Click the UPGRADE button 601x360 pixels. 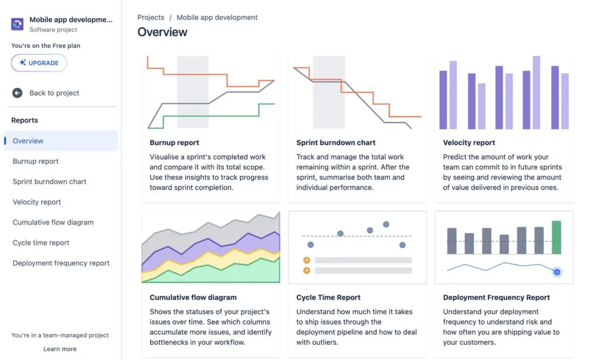[x=39, y=63]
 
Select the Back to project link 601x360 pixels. [x=54, y=93]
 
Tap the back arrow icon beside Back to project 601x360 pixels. [x=18, y=93]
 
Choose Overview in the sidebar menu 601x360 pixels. [x=28, y=141]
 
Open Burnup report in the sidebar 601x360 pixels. [x=36, y=161]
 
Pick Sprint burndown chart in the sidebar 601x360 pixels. [x=49, y=181]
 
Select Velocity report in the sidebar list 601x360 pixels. [x=37, y=202]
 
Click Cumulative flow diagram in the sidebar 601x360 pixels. [x=53, y=223]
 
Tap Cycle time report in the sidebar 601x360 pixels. [x=41, y=243]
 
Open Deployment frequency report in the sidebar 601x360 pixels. [x=61, y=263]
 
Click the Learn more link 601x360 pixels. [x=60, y=349]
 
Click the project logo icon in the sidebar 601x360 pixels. [x=18, y=24]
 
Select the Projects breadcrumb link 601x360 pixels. [x=151, y=18]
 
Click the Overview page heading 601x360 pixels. [x=163, y=32]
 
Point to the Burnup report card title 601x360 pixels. [x=174, y=143]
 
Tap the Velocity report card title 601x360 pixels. [x=469, y=143]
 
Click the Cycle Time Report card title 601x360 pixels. [x=328, y=298]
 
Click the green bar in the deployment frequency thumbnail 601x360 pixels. [x=556, y=237]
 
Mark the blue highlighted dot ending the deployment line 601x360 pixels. [x=557, y=272]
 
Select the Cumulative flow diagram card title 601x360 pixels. [x=193, y=298]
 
